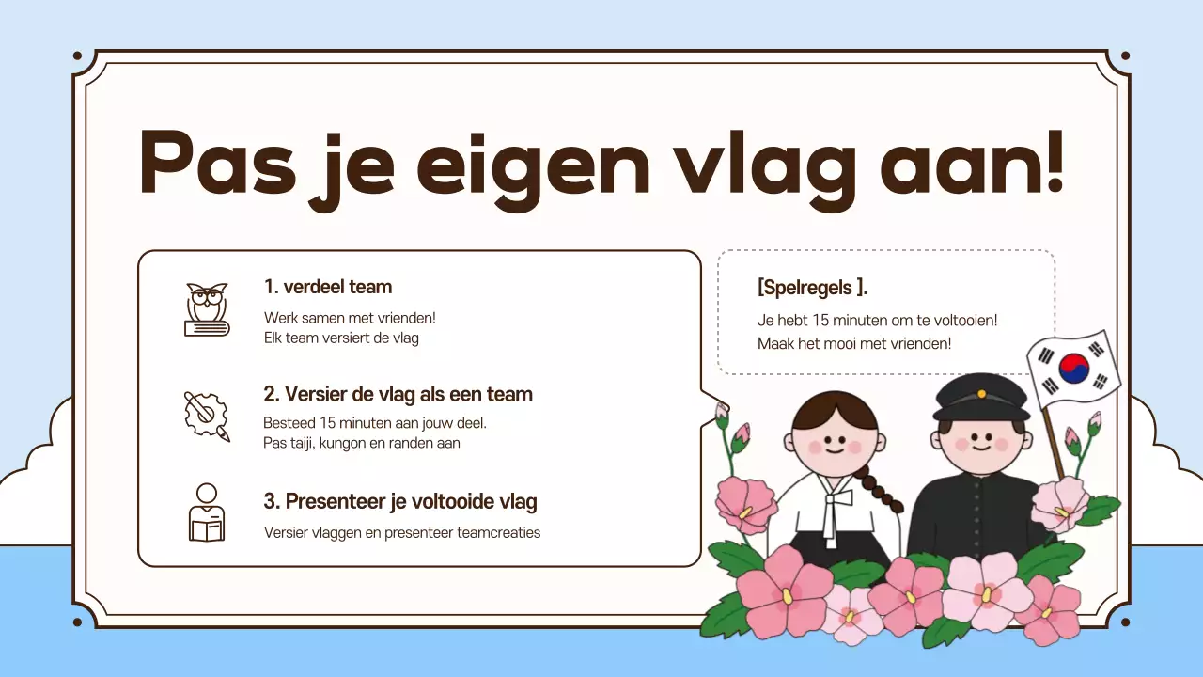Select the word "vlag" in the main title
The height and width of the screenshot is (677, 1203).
coord(763,165)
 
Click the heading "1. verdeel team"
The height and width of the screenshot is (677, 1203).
coord(328,287)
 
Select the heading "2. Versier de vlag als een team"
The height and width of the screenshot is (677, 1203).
coord(398,394)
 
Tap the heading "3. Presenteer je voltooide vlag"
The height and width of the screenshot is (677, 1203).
coord(400,501)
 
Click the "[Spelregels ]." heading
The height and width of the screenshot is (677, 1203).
coord(812,288)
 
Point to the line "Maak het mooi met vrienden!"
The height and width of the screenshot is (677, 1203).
coord(854,343)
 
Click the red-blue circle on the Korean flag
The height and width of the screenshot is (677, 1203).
coord(1073,369)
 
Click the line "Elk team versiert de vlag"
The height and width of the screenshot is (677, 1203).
coord(341,338)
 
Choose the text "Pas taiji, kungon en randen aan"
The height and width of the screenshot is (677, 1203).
coord(362,443)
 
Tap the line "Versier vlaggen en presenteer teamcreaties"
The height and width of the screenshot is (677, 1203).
coord(402,533)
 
